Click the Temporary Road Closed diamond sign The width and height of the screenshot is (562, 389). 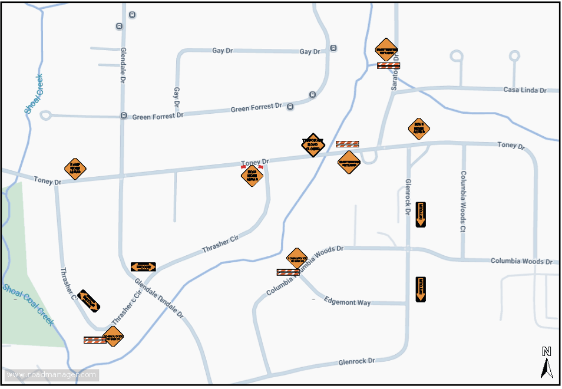(x=313, y=144)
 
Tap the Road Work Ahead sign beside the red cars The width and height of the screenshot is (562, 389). (x=252, y=175)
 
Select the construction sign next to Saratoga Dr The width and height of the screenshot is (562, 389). (x=387, y=50)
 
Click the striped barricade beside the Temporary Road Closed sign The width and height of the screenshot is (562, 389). (x=347, y=144)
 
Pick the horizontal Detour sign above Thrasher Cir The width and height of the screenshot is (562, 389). (x=143, y=267)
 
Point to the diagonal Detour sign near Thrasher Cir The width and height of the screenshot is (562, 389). (x=89, y=301)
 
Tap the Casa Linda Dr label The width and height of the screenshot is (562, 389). (x=525, y=90)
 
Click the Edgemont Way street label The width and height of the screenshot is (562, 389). (x=348, y=302)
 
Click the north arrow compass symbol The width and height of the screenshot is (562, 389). (x=547, y=362)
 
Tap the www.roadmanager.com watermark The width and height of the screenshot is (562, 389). (x=51, y=375)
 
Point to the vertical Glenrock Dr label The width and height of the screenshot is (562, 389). (x=407, y=196)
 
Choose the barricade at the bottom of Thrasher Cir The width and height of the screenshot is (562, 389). (x=94, y=340)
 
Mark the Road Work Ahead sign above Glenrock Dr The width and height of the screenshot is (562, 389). (x=419, y=128)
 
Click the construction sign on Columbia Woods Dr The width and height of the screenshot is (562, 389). (x=297, y=258)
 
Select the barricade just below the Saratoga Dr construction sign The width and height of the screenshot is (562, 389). (x=388, y=66)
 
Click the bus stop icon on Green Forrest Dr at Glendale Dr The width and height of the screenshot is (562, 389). (x=124, y=116)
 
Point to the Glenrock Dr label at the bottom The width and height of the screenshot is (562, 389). (x=356, y=361)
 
